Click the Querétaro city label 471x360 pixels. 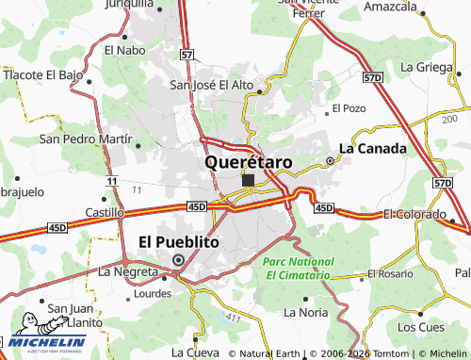click(248, 162)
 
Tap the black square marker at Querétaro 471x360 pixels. click(248, 180)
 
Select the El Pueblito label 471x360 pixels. click(179, 241)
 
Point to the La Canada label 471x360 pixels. click(372, 148)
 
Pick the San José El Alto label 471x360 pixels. click(212, 85)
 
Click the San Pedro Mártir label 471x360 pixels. click(85, 139)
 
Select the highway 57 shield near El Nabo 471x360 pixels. click(187, 56)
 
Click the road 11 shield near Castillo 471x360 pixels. click(112, 180)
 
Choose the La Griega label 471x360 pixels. click(426, 67)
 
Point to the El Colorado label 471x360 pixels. click(414, 215)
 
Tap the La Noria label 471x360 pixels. click(305, 311)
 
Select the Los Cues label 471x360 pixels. click(420, 327)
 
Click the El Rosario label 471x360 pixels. click(391, 274)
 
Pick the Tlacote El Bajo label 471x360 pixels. click(43, 74)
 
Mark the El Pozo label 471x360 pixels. click(348, 109)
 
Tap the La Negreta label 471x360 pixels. click(129, 271)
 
